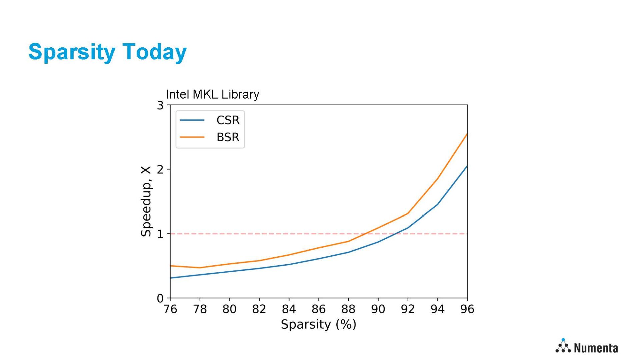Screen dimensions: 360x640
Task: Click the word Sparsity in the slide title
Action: click(x=72, y=52)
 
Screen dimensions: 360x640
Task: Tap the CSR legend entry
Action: click(x=228, y=120)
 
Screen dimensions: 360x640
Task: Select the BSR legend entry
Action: click(x=228, y=137)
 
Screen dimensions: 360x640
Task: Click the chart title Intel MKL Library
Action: click(x=212, y=94)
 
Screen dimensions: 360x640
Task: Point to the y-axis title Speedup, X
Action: click(x=146, y=201)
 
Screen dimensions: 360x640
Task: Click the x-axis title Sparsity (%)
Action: click(x=318, y=324)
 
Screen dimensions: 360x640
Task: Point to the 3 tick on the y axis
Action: click(x=160, y=105)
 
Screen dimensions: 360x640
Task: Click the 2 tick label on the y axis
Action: click(x=160, y=169)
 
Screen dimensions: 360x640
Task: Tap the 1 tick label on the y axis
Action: click(x=160, y=234)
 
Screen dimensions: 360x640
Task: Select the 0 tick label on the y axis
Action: click(x=160, y=298)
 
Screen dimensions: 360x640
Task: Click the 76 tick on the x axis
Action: click(x=170, y=309)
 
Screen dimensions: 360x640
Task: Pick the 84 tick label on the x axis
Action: click(x=289, y=309)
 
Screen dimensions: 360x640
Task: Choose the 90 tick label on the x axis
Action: click(x=378, y=309)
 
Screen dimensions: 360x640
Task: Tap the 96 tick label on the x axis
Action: click(x=467, y=309)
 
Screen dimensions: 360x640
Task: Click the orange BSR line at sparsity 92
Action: click(x=408, y=213)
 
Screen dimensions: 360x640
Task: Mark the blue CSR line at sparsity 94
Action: click(x=437, y=204)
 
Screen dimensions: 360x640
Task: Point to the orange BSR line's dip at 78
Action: click(x=200, y=268)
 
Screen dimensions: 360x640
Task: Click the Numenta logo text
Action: click(x=596, y=348)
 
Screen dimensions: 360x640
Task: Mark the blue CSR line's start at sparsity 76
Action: click(x=171, y=278)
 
